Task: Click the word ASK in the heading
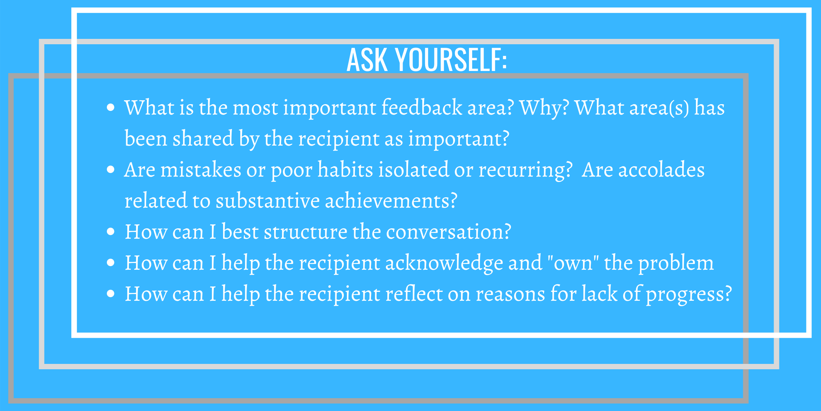[x=367, y=60]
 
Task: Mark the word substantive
[x=268, y=200]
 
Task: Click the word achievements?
[x=391, y=200]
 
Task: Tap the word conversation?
[x=449, y=232]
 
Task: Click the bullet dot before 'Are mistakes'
[x=111, y=169]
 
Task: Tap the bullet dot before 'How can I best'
[x=111, y=232]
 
